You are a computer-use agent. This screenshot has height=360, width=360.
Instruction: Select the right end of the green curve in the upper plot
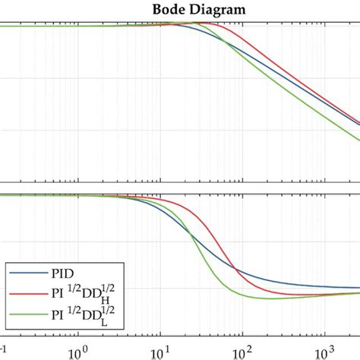click(x=358, y=139)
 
